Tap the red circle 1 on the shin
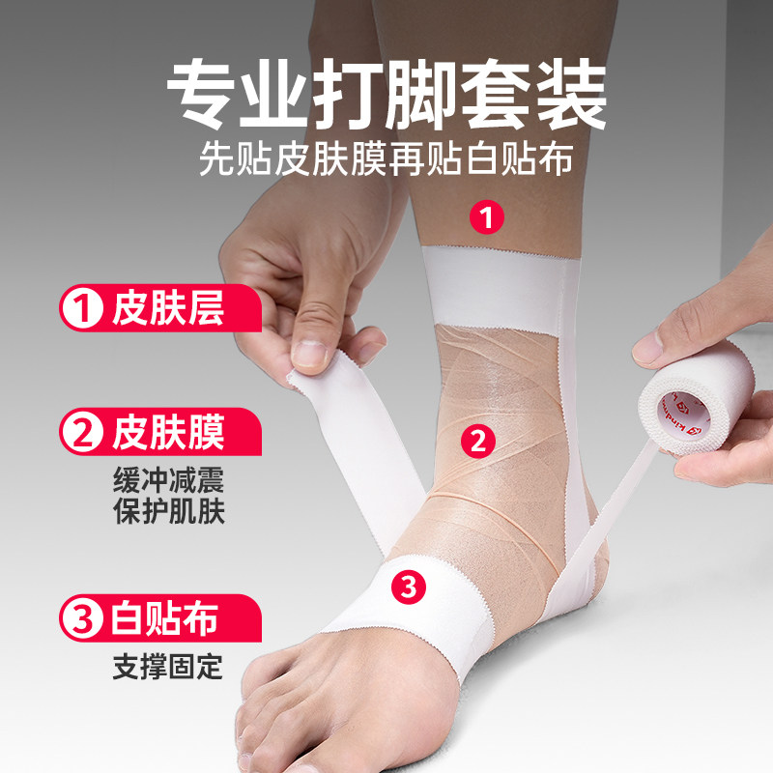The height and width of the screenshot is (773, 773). [x=487, y=216]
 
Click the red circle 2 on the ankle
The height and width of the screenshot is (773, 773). [x=475, y=442]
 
